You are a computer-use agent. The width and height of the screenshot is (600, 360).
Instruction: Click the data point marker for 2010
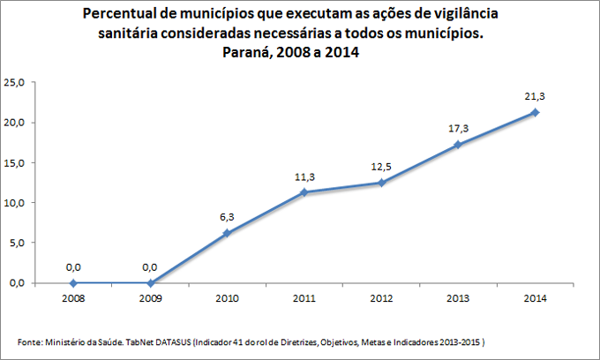click(227, 233)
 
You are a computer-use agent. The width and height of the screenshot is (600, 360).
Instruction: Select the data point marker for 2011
click(304, 192)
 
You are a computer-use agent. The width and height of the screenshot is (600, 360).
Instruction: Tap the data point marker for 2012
click(381, 183)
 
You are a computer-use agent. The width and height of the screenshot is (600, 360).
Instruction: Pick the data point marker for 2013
click(458, 144)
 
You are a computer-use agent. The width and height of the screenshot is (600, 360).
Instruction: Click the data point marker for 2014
click(535, 112)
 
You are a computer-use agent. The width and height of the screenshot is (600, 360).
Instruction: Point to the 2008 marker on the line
click(73, 283)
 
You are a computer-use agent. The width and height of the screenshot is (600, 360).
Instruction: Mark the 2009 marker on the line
click(150, 283)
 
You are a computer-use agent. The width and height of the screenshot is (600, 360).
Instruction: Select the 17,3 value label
click(458, 129)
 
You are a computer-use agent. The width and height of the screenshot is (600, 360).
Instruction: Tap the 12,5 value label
click(381, 168)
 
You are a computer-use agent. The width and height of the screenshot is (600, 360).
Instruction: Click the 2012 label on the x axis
click(381, 299)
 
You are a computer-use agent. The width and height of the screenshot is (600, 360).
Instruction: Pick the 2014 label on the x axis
click(535, 299)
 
